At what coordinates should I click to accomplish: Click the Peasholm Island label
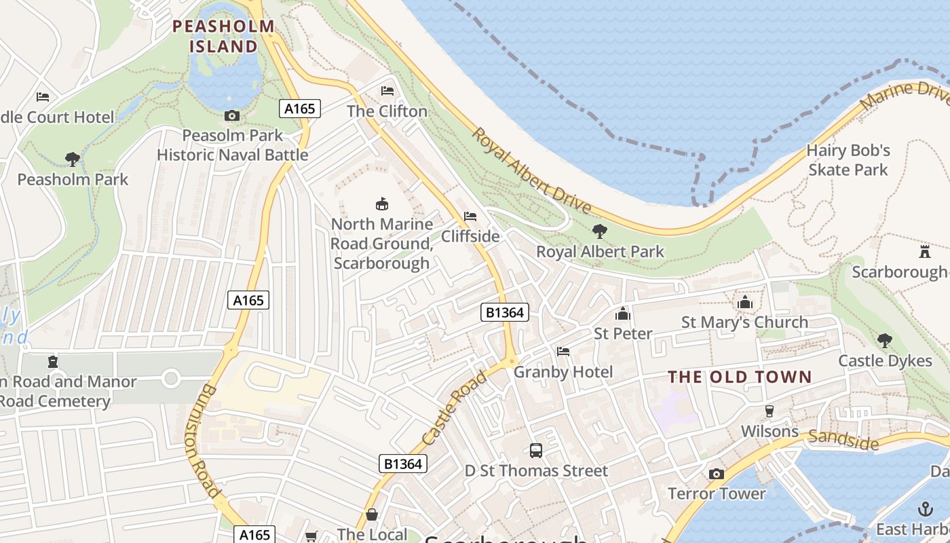[223, 36]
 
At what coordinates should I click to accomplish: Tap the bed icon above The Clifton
[387, 90]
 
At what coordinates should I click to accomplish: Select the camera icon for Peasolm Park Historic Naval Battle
[232, 115]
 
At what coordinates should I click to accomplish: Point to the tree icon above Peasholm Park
[73, 160]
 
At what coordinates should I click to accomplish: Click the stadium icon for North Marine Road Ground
[382, 204]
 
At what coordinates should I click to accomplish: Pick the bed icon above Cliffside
[470, 217]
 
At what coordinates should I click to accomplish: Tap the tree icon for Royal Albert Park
[600, 231]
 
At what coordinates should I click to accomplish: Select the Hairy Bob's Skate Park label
[848, 160]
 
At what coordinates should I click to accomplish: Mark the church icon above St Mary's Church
[745, 302]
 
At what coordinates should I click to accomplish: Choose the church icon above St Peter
[622, 314]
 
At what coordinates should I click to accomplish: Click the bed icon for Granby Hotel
[563, 352]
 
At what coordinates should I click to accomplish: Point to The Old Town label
[740, 377]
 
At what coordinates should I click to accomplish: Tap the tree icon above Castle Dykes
[885, 341]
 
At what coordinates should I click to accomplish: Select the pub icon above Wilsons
[769, 411]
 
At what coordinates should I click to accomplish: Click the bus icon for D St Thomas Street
[536, 450]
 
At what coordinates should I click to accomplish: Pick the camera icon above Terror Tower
[717, 474]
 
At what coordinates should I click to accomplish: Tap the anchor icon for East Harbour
[925, 509]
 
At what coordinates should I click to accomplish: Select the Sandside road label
[843, 440]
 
